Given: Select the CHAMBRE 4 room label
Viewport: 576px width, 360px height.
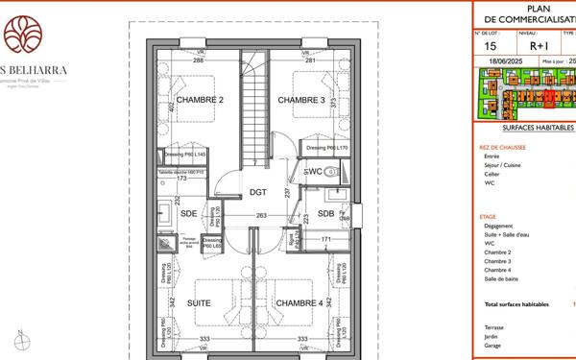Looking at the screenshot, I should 300,303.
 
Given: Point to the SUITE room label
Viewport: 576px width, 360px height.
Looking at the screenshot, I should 199,303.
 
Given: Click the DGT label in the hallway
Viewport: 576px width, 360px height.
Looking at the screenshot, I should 257,192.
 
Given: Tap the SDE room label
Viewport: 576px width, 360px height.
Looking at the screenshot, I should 188,213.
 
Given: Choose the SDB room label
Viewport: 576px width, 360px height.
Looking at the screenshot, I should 325,213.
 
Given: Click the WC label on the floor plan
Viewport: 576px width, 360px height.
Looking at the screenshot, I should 314,172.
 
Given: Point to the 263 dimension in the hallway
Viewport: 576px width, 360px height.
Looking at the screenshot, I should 260,216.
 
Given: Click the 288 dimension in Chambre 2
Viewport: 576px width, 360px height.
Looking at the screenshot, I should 199,61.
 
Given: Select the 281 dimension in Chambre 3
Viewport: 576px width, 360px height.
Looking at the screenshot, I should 310,61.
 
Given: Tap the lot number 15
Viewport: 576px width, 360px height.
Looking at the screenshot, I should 491,45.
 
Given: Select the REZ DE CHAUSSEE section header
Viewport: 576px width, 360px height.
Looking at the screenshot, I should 502,148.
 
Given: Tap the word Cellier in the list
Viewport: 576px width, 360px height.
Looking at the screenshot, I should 492,174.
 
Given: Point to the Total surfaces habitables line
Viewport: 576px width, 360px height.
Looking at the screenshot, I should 516,304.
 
